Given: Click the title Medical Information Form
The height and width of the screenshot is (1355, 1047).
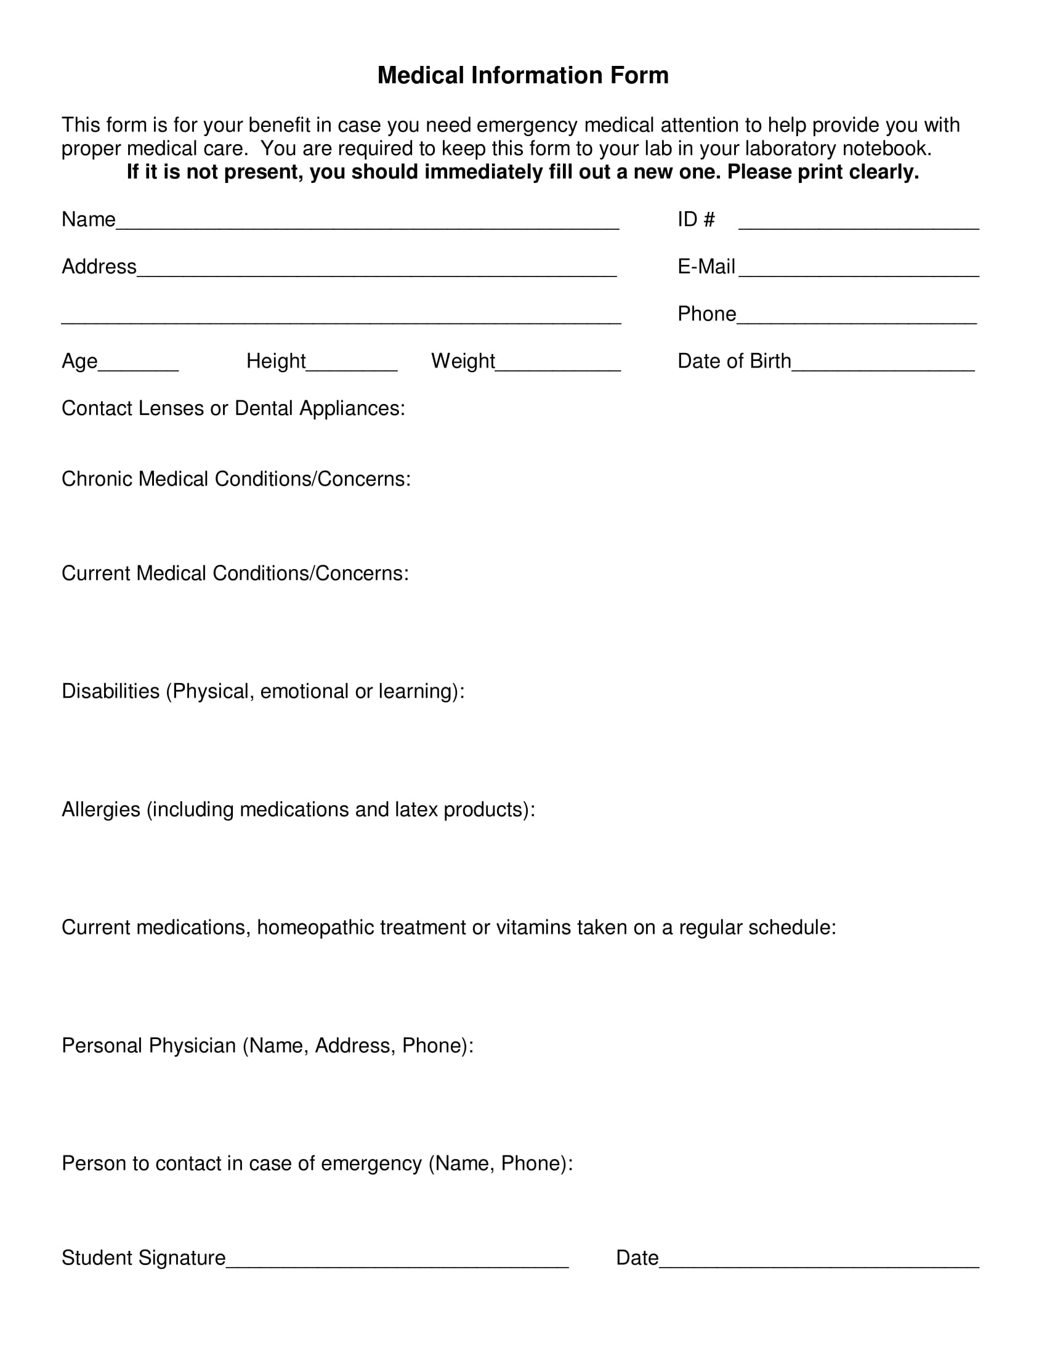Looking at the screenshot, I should tap(523, 75).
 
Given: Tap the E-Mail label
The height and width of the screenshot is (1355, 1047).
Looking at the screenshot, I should tap(706, 267).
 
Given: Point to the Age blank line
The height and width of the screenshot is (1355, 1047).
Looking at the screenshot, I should tap(139, 366).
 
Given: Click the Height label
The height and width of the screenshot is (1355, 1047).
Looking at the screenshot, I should tap(276, 361).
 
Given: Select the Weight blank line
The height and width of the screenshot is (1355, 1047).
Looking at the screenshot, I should tap(557, 366).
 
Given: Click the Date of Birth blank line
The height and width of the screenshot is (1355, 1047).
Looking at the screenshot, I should tap(883, 366).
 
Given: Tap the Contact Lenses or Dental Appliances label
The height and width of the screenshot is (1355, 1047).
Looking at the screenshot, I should tap(233, 408).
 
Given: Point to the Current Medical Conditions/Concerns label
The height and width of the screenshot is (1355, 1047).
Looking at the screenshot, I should tap(235, 573).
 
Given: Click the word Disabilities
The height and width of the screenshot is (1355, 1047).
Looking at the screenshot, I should tap(110, 691).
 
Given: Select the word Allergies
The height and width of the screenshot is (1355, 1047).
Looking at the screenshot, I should tap(100, 810).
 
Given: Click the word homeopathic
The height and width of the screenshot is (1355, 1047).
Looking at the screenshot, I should tap(315, 928).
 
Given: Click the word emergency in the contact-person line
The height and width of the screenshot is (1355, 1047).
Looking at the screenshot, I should tap(371, 1163).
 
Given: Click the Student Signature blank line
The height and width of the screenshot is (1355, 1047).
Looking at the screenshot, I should tap(397, 1263).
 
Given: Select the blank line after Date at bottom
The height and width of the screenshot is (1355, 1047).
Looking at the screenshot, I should tap(819, 1263).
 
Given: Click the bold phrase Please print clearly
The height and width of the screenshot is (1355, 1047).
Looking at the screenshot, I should tap(822, 172).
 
